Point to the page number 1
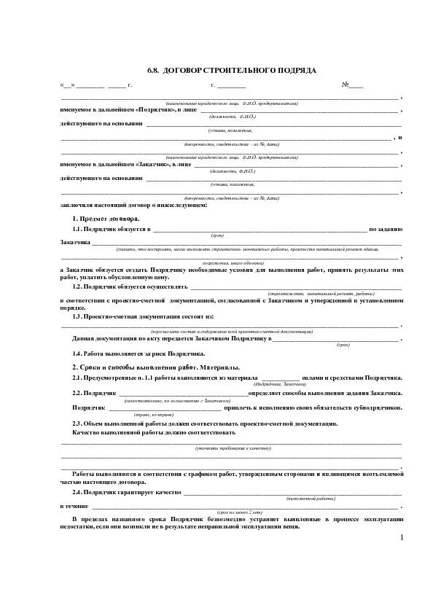click(401, 538)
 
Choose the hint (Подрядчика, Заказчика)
click(277, 385)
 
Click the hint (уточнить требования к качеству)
click(233, 448)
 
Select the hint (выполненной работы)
click(311, 499)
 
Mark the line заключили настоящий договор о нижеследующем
click(133, 205)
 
